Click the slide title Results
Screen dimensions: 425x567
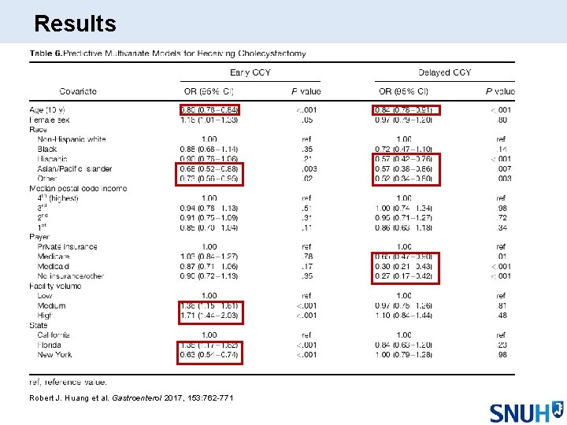pos(76,24)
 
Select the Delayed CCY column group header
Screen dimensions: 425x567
pos(445,73)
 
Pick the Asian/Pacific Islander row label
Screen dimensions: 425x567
pos(74,168)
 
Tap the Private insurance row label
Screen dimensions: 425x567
pos(68,247)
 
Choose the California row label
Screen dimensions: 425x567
pos(56,335)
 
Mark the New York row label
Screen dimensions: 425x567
pos(54,355)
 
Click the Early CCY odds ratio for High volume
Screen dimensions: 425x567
pos(209,316)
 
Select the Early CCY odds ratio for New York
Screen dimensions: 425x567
pos(209,355)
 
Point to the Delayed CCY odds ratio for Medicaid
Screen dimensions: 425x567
pos(404,267)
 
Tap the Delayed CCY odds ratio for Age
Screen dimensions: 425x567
pos(404,109)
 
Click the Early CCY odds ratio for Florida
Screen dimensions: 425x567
pos(209,345)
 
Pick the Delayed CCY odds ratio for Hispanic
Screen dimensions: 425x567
pos(404,159)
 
